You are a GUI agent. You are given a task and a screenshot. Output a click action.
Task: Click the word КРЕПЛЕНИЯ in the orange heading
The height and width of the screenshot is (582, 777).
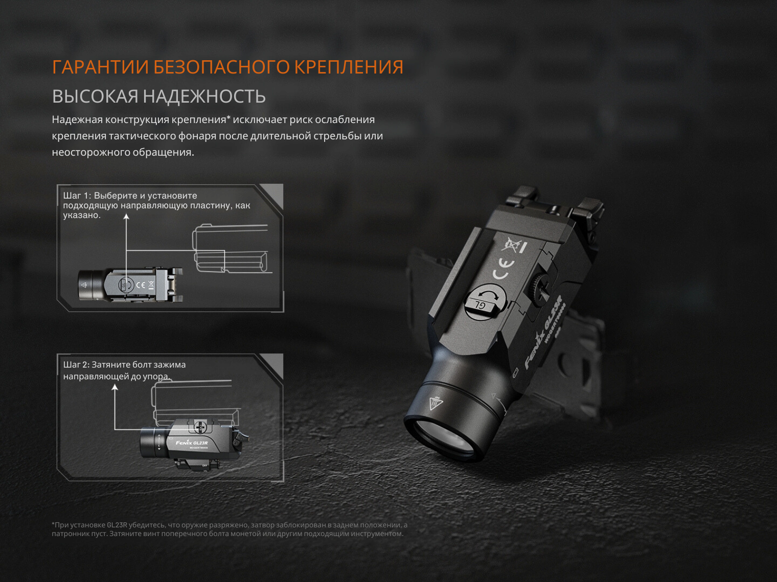pyautogui.click(x=349, y=67)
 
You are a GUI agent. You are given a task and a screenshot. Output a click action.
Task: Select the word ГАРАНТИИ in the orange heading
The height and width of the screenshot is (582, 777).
pyautogui.click(x=100, y=67)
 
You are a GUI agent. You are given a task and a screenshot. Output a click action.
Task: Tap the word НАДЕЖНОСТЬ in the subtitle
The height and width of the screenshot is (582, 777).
pyautogui.click(x=204, y=96)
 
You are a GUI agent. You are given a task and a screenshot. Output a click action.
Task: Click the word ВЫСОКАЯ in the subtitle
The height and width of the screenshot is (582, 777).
pyautogui.click(x=95, y=96)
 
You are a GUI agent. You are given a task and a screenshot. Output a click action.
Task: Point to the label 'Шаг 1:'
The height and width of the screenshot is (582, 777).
pyautogui.click(x=77, y=196)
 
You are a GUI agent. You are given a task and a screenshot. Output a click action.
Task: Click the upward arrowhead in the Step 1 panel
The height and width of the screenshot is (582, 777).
pyautogui.click(x=126, y=216)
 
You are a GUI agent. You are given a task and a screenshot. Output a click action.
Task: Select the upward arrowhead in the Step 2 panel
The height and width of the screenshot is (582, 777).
pyautogui.click(x=115, y=387)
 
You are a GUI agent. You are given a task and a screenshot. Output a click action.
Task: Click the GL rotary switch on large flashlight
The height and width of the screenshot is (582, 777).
pyautogui.click(x=485, y=302)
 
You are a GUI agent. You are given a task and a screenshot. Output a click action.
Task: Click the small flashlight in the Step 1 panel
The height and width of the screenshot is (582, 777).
pyautogui.click(x=130, y=285)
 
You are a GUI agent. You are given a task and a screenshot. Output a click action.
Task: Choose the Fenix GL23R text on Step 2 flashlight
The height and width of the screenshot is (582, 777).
pyautogui.click(x=192, y=443)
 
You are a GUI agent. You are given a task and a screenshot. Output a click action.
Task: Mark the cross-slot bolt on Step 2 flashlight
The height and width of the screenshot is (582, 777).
pyautogui.click(x=200, y=427)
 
